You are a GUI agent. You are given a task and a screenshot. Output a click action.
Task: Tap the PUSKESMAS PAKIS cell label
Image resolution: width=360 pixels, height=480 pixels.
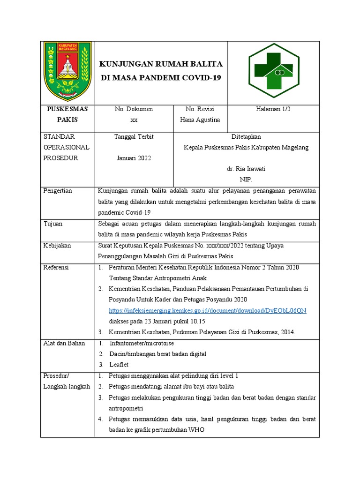click(x=67, y=114)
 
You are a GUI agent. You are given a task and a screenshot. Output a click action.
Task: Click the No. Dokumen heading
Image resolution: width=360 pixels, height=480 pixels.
click(x=134, y=109)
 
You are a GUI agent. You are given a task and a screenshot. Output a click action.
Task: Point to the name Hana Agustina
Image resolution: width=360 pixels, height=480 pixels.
click(x=200, y=120)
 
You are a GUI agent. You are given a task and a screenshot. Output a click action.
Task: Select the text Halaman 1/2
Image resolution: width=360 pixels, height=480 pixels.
click(x=273, y=109)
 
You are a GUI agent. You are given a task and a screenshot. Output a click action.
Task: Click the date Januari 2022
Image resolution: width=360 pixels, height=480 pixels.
click(x=134, y=158)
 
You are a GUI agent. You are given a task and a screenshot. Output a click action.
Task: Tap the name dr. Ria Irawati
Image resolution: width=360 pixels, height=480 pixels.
click(x=246, y=169)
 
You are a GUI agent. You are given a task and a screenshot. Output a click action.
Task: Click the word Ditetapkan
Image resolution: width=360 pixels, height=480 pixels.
click(x=246, y=137)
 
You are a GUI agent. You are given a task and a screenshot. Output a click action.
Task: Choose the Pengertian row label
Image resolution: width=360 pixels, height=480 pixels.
click(x=57, y=191)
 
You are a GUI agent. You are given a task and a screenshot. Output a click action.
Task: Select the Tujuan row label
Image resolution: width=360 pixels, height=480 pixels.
click(x=52, y=224)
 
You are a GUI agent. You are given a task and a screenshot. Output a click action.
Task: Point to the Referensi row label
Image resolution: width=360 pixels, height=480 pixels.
click(x=56, y=267)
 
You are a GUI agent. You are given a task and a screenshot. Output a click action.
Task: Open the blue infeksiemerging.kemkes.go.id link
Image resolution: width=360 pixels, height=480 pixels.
click(x=207, y=311)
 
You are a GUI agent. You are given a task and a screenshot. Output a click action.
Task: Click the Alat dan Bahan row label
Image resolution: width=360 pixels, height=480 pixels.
click(x=64, y=343)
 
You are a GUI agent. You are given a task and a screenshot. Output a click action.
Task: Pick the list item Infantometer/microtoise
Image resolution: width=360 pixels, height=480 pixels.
click(x=141, y=343)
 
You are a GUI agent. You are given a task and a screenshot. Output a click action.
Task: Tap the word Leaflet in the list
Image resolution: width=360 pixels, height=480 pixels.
click(x=119, y=364)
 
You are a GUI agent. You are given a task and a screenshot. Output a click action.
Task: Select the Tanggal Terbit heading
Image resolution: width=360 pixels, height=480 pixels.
click(x=134, y=137)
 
